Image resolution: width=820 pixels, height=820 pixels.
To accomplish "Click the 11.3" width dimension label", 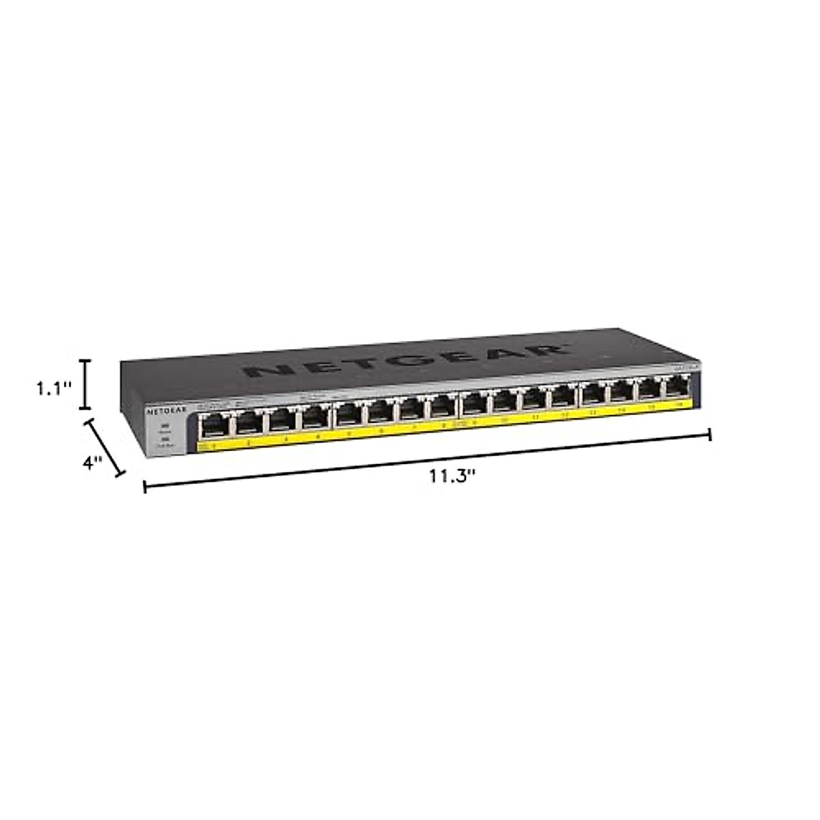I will [452, 476].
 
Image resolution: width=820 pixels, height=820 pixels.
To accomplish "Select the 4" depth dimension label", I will [92, 462].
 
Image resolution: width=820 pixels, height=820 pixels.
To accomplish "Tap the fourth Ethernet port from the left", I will [314, 418].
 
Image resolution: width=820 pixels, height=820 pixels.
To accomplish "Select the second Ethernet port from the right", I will [647, 390].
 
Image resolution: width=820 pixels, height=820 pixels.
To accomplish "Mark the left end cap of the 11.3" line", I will [145, 486].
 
